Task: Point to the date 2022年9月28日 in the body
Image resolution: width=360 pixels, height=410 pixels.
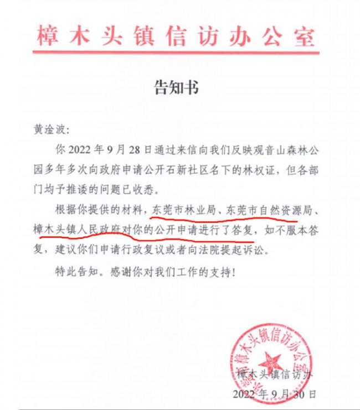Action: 105,149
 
